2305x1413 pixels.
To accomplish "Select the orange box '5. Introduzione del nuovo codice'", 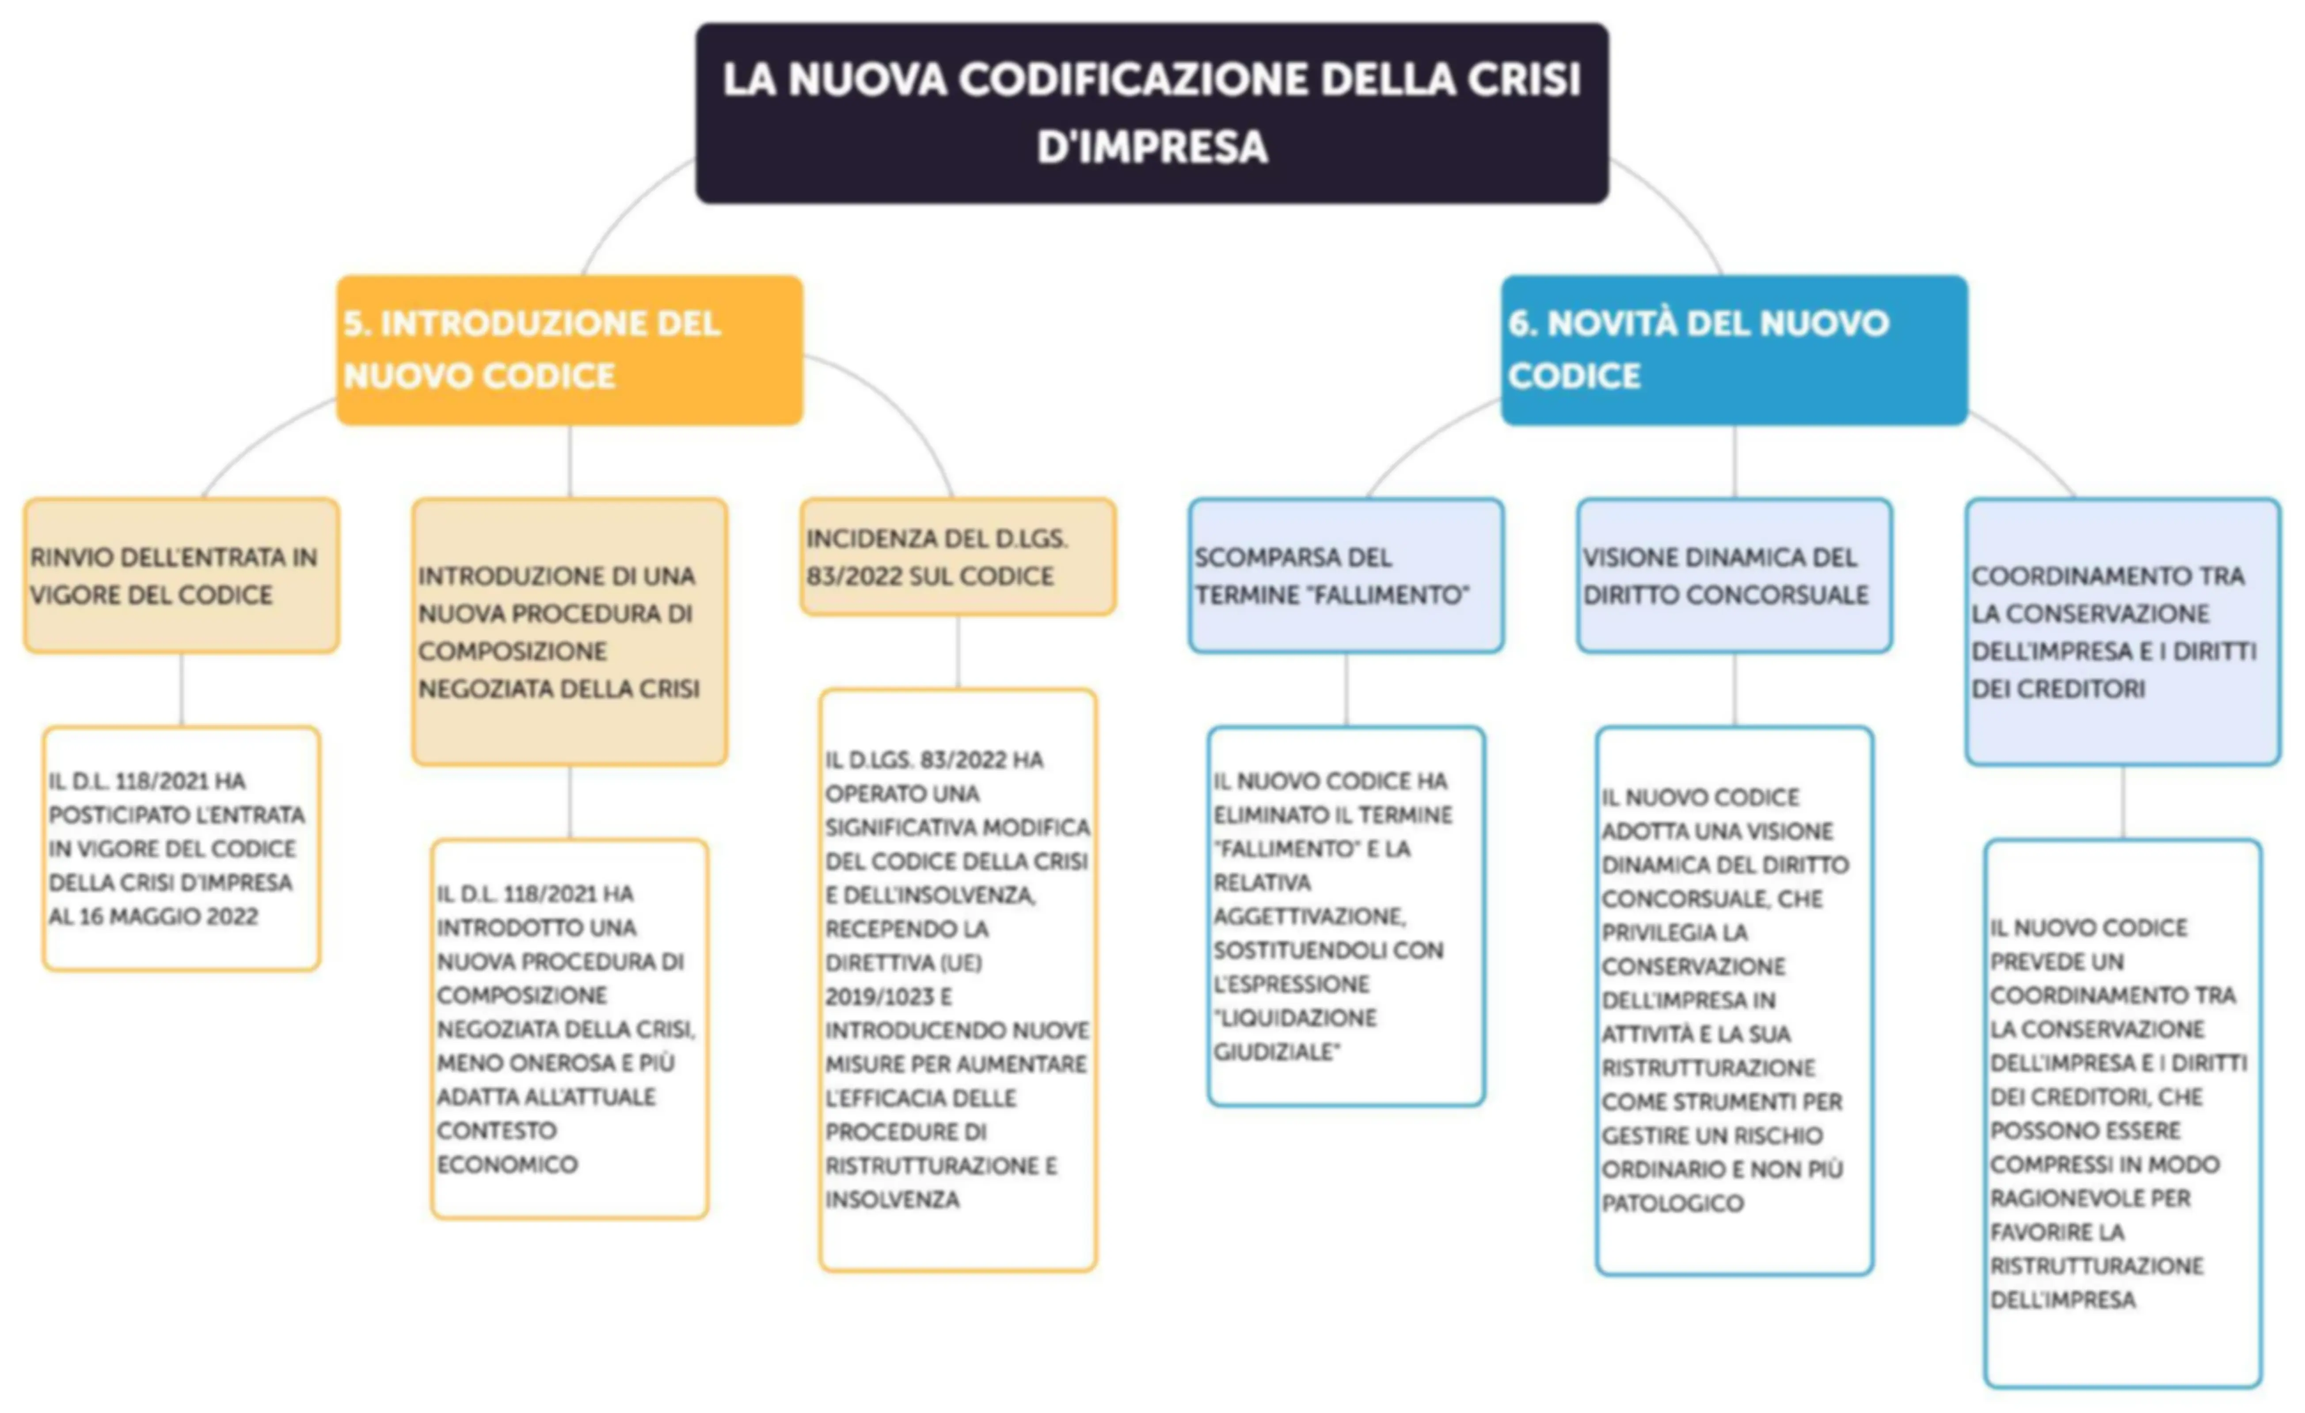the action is tap(570, 350).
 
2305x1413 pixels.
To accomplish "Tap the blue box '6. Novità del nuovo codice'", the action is tap(1734, 350).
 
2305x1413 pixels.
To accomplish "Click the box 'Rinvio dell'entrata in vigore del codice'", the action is tap(182, 575).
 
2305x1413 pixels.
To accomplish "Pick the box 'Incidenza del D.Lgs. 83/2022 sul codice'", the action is tap(958, 557).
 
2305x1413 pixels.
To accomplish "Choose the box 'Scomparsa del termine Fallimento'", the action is tap(1346, 575).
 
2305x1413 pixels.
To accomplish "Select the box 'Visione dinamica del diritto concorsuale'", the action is tap(1734, 575).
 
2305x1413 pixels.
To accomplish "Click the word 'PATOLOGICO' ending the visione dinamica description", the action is tap(1673, 1204).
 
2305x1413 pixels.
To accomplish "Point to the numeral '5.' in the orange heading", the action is tap(357, 324).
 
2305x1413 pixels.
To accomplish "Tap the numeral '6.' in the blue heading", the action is tap(1522, 324).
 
